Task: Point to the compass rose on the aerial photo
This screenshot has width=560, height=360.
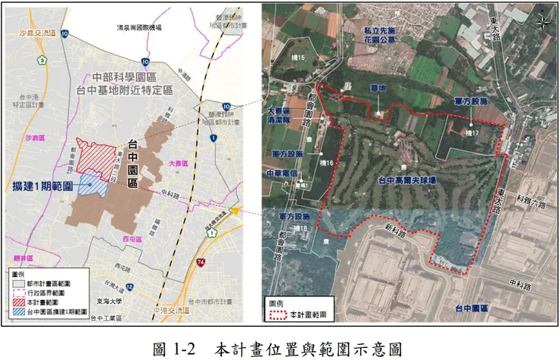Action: click(x=543, y=22)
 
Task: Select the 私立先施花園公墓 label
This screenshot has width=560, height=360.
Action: click(x=375, y=35)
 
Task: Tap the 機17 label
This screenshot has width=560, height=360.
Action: click(x=474, y=132)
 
